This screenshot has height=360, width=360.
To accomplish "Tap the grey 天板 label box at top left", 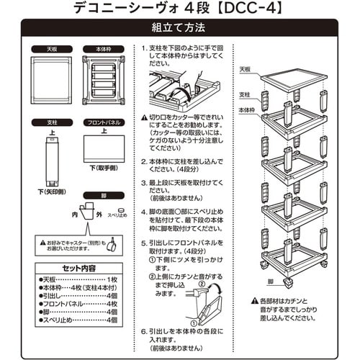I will click(52, 50).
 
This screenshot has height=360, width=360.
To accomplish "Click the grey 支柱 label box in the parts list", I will click(52, 123).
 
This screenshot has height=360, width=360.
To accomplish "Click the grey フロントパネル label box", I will click(103, 123).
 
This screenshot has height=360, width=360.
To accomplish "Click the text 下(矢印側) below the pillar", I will click(52, 192).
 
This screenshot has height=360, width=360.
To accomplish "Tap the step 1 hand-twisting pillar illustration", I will click(175, 90).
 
